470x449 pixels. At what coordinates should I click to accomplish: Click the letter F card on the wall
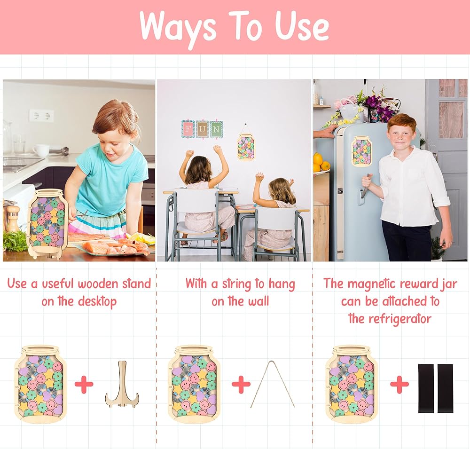pos(188,129)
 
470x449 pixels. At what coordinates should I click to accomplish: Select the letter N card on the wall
pos(216,129)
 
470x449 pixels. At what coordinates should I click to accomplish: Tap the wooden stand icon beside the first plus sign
pos(122,384)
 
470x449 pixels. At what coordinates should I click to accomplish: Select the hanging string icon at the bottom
pos(273,384)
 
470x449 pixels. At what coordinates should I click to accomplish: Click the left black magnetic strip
pos(426,388)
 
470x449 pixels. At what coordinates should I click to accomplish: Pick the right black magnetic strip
pos(445,388)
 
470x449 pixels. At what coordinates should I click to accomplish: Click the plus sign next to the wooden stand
pos(84,384)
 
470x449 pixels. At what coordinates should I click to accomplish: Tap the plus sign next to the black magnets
pos(399,384)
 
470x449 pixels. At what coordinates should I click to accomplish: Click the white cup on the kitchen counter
pos(41,150)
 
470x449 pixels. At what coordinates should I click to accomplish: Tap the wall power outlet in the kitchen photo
pos(41,116)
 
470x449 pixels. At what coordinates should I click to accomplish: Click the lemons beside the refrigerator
pos(321,162)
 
